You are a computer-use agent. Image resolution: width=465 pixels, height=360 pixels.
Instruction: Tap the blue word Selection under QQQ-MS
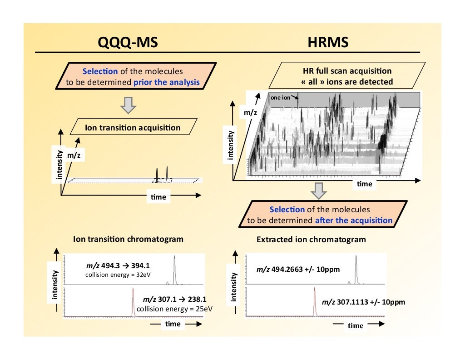[x=100, y=71]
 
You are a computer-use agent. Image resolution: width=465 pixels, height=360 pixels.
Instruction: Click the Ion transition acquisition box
[x=133, y=128]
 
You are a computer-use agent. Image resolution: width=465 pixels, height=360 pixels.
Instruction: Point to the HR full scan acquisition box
[x=346, y=76]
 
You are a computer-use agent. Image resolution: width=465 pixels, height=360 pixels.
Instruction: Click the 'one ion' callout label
[x=280, y=96]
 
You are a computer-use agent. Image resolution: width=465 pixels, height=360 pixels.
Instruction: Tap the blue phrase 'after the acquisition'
[x=353, y=220]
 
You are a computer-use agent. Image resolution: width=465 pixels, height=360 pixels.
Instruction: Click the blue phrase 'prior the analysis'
[x=166, y=82]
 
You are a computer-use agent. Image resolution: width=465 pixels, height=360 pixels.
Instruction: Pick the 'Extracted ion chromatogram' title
[x=311, y=240]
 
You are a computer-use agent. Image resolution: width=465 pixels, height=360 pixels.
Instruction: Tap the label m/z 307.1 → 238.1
[x=175, y=300]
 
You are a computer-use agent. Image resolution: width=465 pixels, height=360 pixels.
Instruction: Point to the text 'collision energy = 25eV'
[x=175, y=309]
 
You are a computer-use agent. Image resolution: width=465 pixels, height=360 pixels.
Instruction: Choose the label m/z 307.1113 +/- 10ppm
[x=363, y=302]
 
